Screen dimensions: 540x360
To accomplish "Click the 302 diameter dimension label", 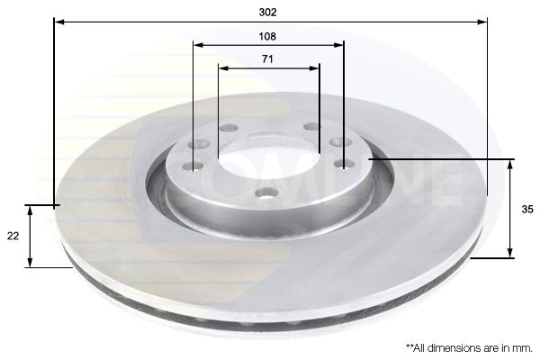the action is [267, 13].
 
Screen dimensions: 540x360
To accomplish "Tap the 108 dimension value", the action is [267, 36].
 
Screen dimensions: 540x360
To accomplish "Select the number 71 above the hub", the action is [267, 59].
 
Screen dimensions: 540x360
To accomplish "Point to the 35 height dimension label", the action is [527, 209].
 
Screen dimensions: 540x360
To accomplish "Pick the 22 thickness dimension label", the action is [13, 236].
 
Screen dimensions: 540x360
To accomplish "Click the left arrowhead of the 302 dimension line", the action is [59, 22].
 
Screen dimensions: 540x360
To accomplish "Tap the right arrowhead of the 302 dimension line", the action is [482, 22].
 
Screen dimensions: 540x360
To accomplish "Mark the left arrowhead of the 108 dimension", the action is [199, 45].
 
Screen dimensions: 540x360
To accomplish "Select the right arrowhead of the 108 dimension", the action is [338, 45].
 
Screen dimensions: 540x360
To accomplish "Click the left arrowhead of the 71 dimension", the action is [224, 68].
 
